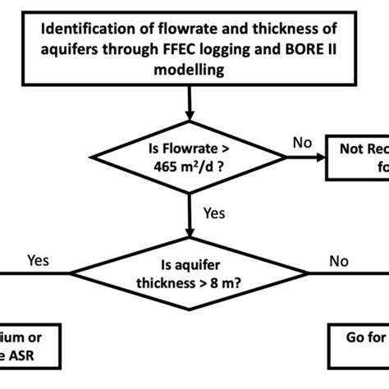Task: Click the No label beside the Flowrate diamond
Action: [x=302, y=143]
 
